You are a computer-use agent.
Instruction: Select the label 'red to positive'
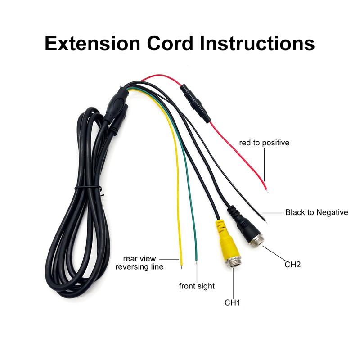[264, 143]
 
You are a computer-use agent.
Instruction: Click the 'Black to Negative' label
[316, 212]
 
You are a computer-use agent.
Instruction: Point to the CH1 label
[233, 302]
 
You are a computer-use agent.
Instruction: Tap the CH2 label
[292, 264]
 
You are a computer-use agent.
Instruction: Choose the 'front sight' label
[197, 286]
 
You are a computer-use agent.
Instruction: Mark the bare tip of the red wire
[268, 191]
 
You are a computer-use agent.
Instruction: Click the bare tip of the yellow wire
[182, 265]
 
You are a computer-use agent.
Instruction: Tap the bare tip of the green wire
[197, 260]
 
